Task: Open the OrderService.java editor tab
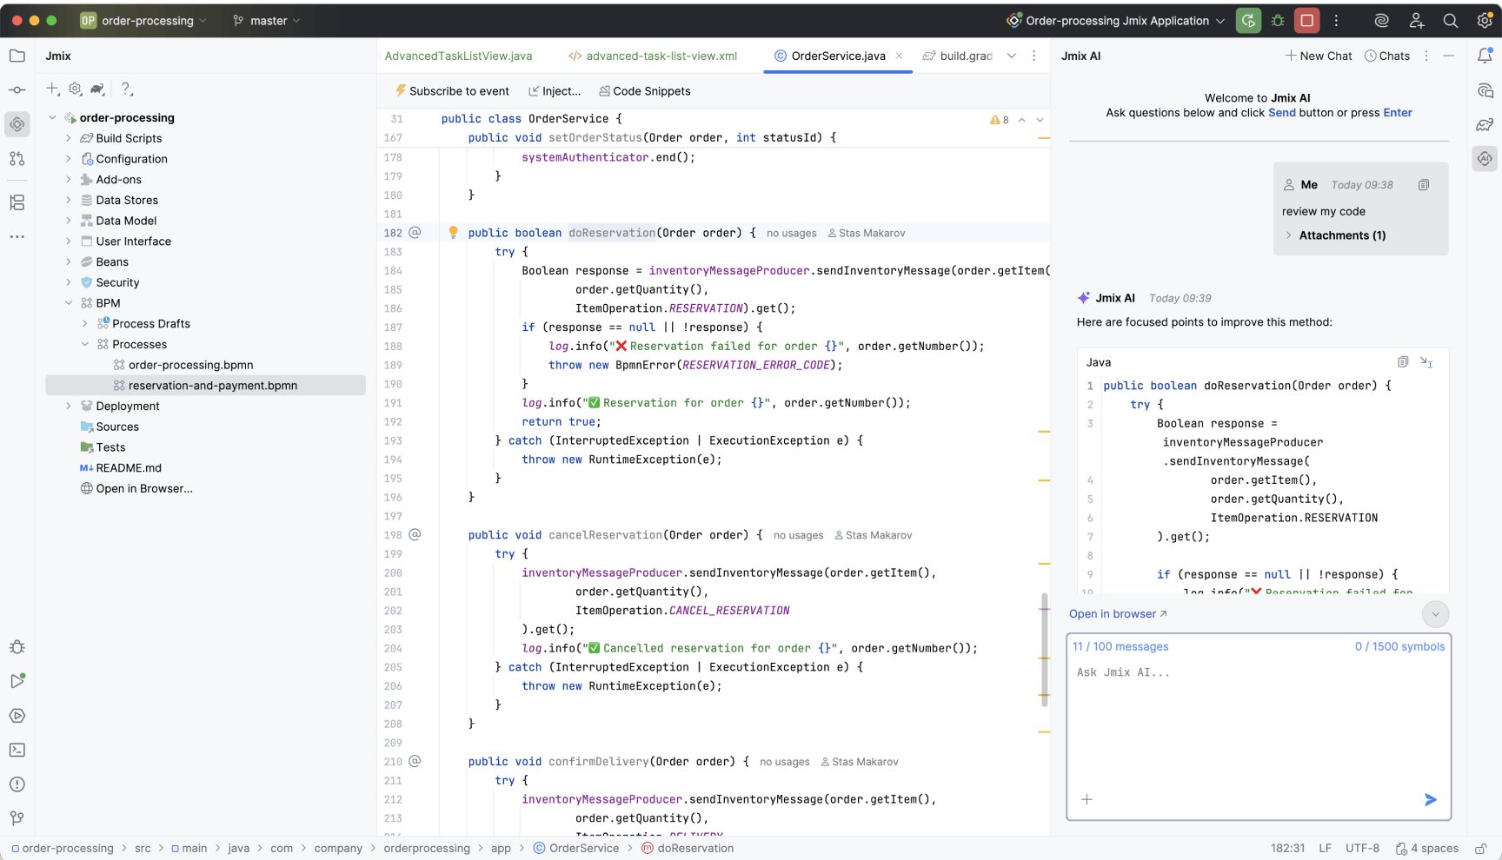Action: point(838,56)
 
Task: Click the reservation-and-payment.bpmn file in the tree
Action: point(212,386)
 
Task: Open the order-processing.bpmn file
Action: point(190,365)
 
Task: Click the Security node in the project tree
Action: point(117,282)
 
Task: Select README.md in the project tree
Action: point(129,468)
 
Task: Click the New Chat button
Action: point(1319,56)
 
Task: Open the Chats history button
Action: point(1387,56)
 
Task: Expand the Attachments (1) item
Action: point(1342,235)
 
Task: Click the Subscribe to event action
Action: point(452,91)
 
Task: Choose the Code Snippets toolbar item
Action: point(645,91)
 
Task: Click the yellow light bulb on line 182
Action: point(453,233)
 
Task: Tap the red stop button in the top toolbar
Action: point(1306,21)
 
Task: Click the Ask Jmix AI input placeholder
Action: point(1123,672)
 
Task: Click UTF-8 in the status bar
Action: point(1362,849)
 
